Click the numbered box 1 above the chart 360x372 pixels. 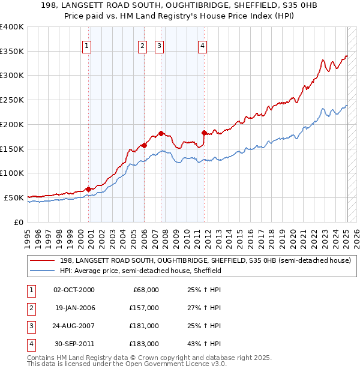[87, 46]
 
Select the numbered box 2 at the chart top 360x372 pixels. [143, 46]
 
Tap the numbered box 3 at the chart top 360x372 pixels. [160, 46]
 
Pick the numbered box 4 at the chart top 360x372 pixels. [203, 46]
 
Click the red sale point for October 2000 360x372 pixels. [88, 189]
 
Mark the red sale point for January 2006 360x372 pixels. [144, 145]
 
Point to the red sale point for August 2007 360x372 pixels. [161, 133]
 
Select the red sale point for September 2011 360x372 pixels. [204, 133]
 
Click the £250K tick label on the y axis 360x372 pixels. [13, 100]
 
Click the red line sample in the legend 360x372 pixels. [42, 261]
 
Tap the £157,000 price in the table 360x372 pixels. [144, 308]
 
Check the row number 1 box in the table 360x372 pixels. [29, 290]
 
